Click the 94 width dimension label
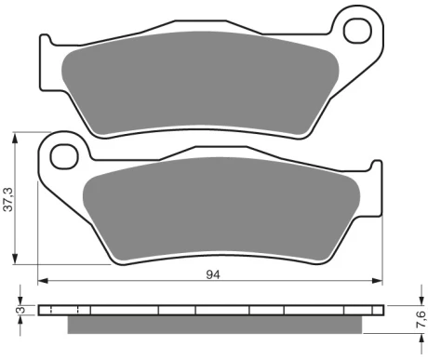click(213, 274)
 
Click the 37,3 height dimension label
click(7, 199)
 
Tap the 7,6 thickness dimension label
click(421, 319)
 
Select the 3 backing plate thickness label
click(21, 310)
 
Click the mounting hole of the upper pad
click(357, 31)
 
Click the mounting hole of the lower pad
click(64, 156)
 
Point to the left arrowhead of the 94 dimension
click(43, 281)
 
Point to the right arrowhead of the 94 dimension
click(377, 281)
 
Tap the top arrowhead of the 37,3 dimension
click(14, 138)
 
